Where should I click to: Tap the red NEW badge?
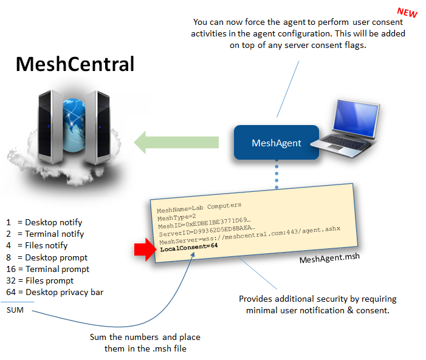[x=407, y=12]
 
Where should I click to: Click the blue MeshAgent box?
[x=277, y=143]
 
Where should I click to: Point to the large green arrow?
[x=176, y=143]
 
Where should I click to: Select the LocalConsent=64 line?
[x=188, y=246]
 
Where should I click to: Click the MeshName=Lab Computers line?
[x=199, y=206]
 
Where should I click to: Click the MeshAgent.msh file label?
[x=329, y=259]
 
